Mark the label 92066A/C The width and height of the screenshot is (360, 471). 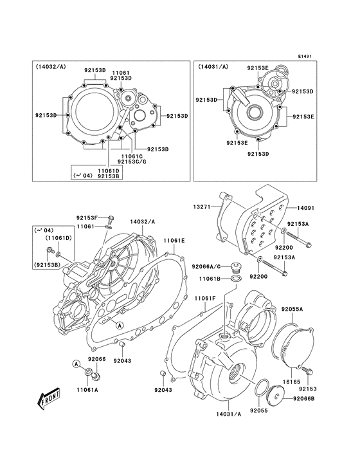pos(206,266)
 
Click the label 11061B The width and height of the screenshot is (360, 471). pos(210,279)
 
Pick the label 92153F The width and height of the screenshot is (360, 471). pos(87,218)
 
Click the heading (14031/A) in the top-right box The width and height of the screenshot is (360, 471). pos(213,66)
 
